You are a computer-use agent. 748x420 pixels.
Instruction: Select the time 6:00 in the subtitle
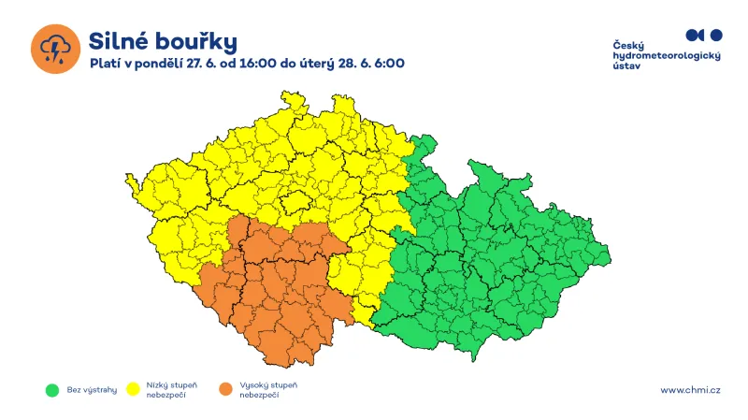point(388,64)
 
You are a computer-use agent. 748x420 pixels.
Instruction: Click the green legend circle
point(52,389)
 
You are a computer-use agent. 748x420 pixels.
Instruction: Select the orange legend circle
point(223,389)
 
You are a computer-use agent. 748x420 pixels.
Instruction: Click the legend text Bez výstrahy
point(92,389)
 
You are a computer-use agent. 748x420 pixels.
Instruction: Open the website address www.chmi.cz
point(690,390)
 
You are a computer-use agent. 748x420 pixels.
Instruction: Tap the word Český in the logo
point(628,46)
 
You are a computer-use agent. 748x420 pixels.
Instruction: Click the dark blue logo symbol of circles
point(704,35)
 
